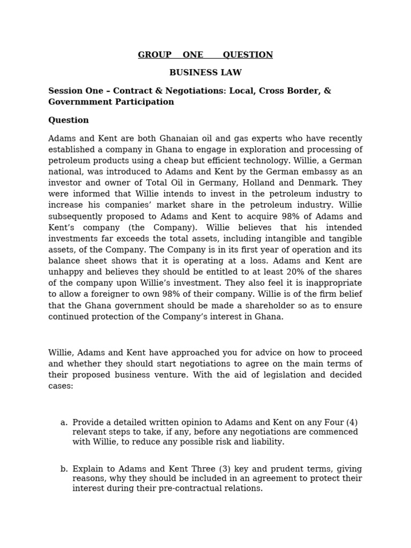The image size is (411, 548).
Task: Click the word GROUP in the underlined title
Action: click(155, 55)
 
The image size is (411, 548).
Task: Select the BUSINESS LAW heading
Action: click(205, 73)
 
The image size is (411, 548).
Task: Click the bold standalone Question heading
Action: click(68, 120)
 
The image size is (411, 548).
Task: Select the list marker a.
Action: click(64, 423)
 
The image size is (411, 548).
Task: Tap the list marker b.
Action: click(64, 469)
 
